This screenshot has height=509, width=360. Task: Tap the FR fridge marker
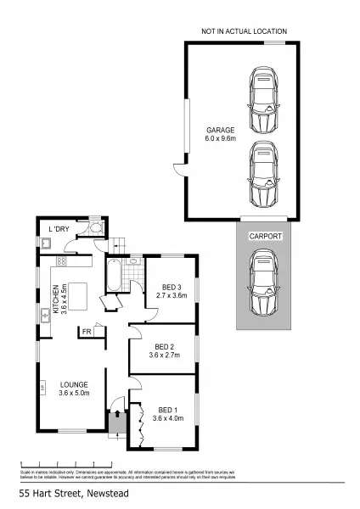click(87, 332)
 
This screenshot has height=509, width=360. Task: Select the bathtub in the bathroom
click(114, 276)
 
